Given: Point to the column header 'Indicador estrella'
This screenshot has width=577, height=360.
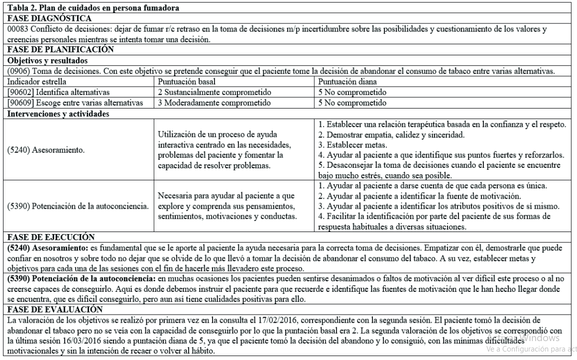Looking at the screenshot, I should (x=36, y=81).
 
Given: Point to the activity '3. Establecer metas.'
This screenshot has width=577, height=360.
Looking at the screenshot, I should (x=345, y=144).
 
